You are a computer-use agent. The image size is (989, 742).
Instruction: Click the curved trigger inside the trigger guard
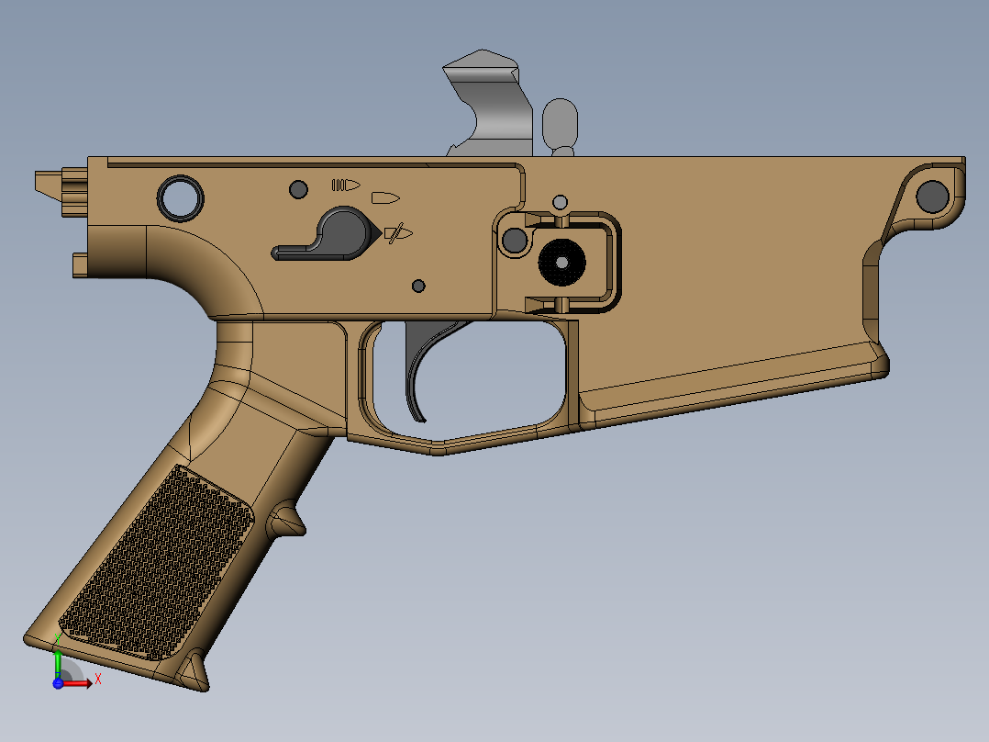(418, 367)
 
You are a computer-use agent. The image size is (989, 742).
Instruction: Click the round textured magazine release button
(561, 262)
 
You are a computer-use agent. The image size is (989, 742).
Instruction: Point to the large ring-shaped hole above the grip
(181, 197)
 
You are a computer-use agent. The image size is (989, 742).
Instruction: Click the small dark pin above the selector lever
(297, 189)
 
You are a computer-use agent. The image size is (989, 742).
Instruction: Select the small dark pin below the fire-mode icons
(418, 286)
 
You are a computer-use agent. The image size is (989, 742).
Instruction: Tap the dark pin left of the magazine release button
(515, 241)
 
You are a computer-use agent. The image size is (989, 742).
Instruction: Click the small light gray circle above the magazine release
(560, 201)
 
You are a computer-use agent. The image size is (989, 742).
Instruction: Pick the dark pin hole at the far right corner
(932, 195)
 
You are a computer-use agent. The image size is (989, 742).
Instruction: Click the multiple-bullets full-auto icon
(346, 185)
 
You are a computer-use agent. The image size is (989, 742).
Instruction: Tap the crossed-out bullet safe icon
(398, 233)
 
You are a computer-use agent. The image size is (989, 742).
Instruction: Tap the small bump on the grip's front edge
(286, 519)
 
